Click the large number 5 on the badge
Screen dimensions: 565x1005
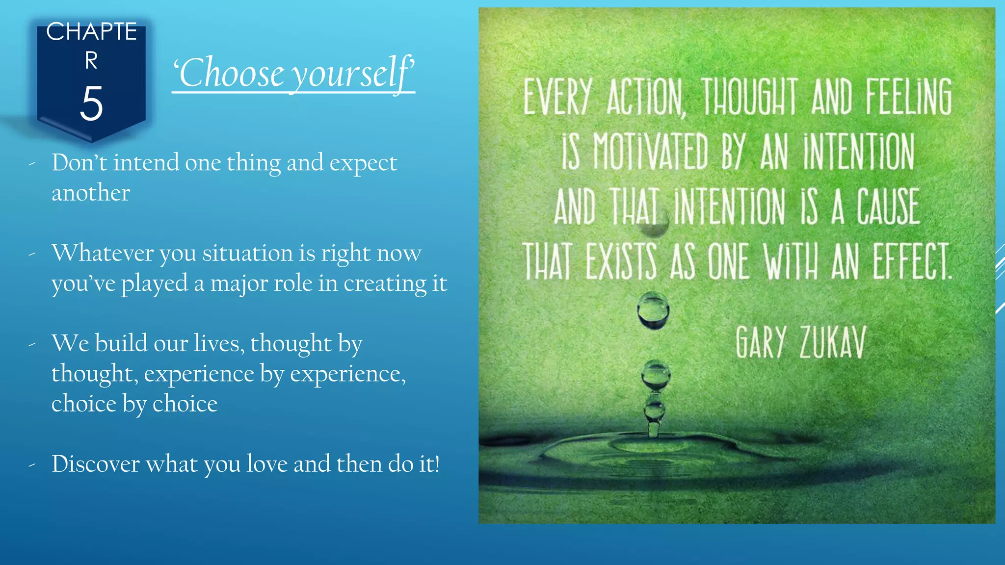click(91, 103)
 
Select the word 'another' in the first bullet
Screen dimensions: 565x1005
click(91, 193)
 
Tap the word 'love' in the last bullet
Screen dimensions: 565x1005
click(266, 464)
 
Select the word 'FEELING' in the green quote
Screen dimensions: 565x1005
click(909, 97)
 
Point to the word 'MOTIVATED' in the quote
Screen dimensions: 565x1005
click(650, 152)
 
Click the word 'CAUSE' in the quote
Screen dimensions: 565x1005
click(888, 207)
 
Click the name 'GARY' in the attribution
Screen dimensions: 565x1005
click(761, 342)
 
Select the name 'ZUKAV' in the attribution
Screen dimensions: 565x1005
click(833, 342)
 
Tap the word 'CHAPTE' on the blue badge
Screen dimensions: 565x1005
click(91, 32)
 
